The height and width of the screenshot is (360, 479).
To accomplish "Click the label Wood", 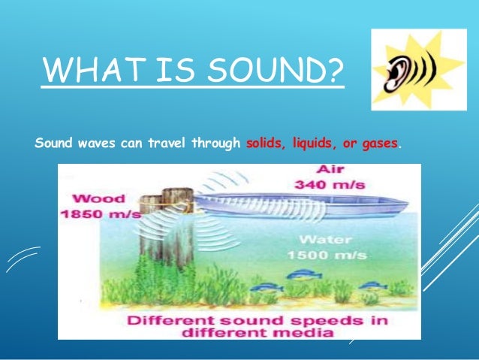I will click(x=91, y=200).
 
